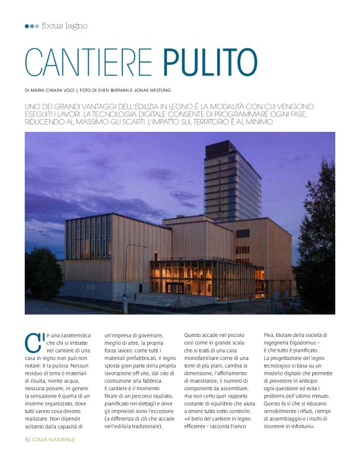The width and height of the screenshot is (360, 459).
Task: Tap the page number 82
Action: pos(28,439)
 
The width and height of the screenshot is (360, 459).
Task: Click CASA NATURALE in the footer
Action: pos(54,439)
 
